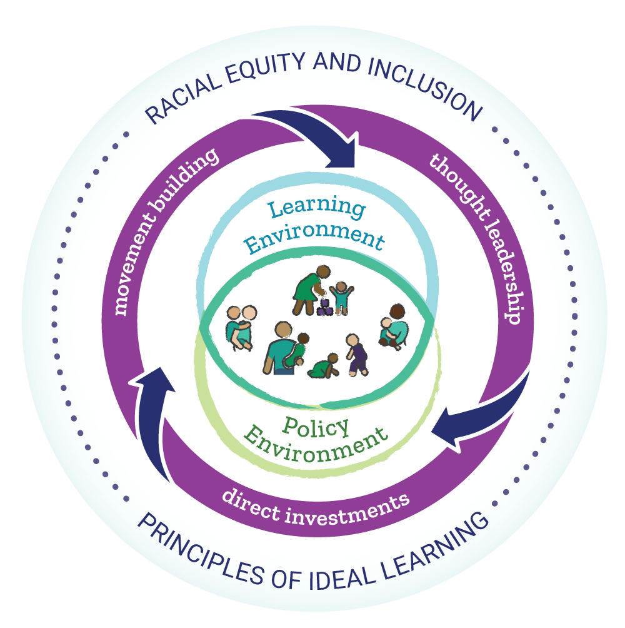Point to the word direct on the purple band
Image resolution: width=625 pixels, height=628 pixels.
[x=251, y=504]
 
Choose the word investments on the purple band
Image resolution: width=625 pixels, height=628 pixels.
[x=347, y=510]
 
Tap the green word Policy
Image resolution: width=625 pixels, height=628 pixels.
[x=316, y=427]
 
